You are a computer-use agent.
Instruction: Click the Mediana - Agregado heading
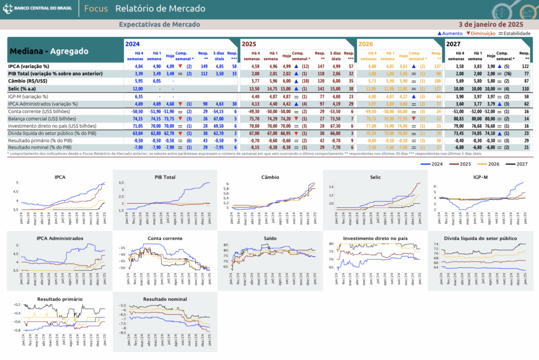pyautogui.click(x=48, y=52)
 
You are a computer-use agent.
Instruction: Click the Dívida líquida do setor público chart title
pyautogui.click(x=480, y=238)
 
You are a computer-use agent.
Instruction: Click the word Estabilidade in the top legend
pyautogui.click(x=517, y=33)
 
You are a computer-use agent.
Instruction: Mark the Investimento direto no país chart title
pyautogui.click(x=375, y=238)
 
